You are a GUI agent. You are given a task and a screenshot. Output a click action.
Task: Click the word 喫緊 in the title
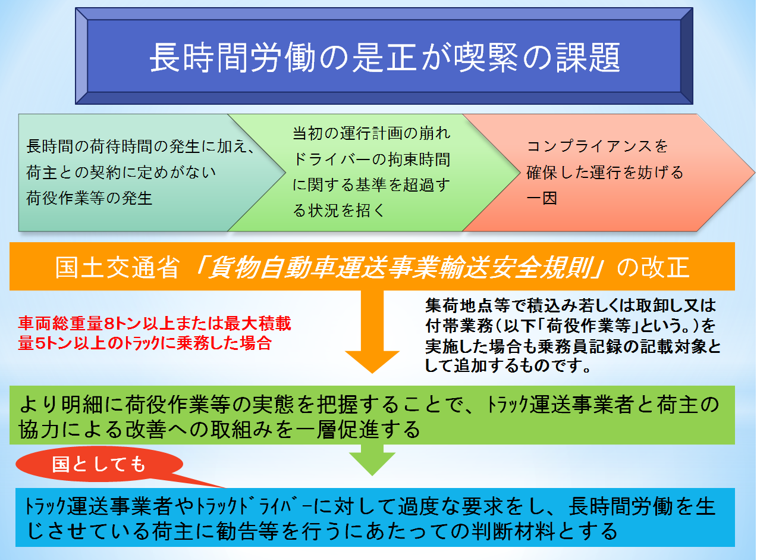coord(488,57)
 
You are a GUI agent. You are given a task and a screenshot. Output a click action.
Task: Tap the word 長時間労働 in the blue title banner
coord(233,57)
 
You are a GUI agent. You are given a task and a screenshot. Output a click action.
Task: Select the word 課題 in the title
coord(588,57)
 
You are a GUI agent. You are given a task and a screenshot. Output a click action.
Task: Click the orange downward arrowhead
coord(372,361)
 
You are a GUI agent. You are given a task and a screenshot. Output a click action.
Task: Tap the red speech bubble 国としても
coord(99,465)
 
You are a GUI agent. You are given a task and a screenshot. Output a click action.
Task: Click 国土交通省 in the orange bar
coord(117,267)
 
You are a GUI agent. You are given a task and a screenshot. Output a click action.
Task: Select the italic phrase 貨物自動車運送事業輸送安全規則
coord(400,267)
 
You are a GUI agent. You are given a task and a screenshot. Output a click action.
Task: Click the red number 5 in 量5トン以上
coord(40,343)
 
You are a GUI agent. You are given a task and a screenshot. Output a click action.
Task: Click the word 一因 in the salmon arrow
coord(542,198)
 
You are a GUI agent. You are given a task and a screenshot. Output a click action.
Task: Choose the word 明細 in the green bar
coord(82,405)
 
